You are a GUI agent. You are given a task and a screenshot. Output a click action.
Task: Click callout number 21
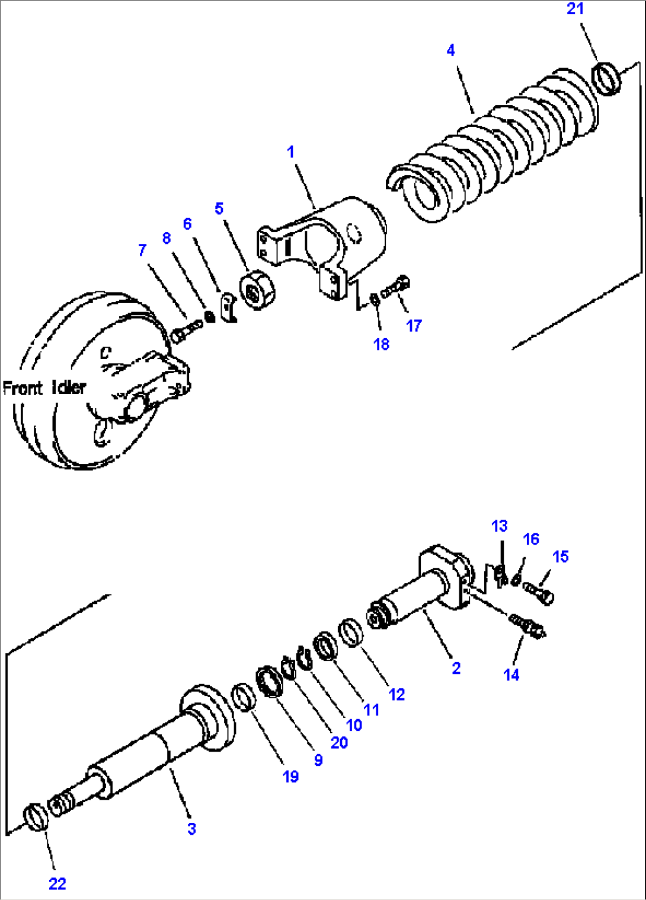pyautogui.click(x=575, y=9)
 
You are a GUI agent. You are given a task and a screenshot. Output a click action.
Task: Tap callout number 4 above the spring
pyautogui.click(x=450, y=50)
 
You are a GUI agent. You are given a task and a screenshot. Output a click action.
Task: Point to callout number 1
pyautogui.click(x=290, y=152)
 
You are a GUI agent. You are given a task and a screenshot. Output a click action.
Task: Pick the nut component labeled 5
pyautogui.click(x=258, y=291)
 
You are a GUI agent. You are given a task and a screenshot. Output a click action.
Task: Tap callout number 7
pyautogui.click(x=142, y=250)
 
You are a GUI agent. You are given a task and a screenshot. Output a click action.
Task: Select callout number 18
pyautogui.click(x=381, y=344)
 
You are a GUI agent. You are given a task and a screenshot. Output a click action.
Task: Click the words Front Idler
pyautogui.click(x=44, y=388)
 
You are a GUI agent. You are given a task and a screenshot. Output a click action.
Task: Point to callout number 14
pyautogui.click(x=511, y=675)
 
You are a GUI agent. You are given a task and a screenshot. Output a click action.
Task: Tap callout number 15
pyautogui.click(x=560, y=556)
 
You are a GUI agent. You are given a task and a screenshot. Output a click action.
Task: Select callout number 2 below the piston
pyautogui.click(x=456, y=668)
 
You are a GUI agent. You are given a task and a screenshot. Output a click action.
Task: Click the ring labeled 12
pyautogui.click(x=351, y=632)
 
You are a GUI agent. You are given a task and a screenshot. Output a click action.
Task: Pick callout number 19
pyautogui.click(x=290, y=777)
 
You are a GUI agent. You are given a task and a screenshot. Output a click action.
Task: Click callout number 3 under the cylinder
pyautogui.click(x=191, y=829)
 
